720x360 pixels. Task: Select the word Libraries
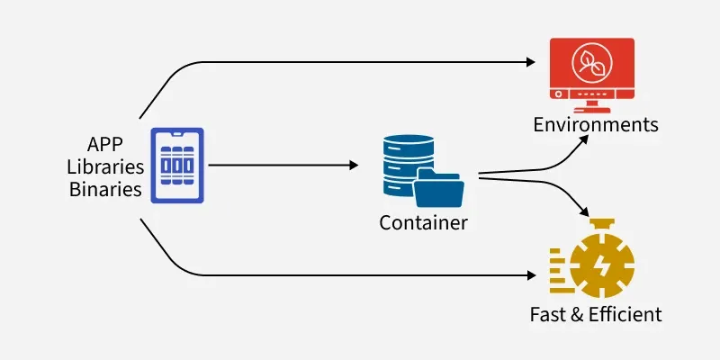point(105,166)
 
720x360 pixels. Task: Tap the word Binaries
point(105,189)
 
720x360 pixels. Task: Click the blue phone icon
point(176,165)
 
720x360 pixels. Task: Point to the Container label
point(423,222)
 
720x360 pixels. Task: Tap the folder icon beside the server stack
point(440,188)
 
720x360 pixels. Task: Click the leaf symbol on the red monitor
point(592,62)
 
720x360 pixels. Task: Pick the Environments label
point(596,123)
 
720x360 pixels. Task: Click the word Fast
point(547,314)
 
